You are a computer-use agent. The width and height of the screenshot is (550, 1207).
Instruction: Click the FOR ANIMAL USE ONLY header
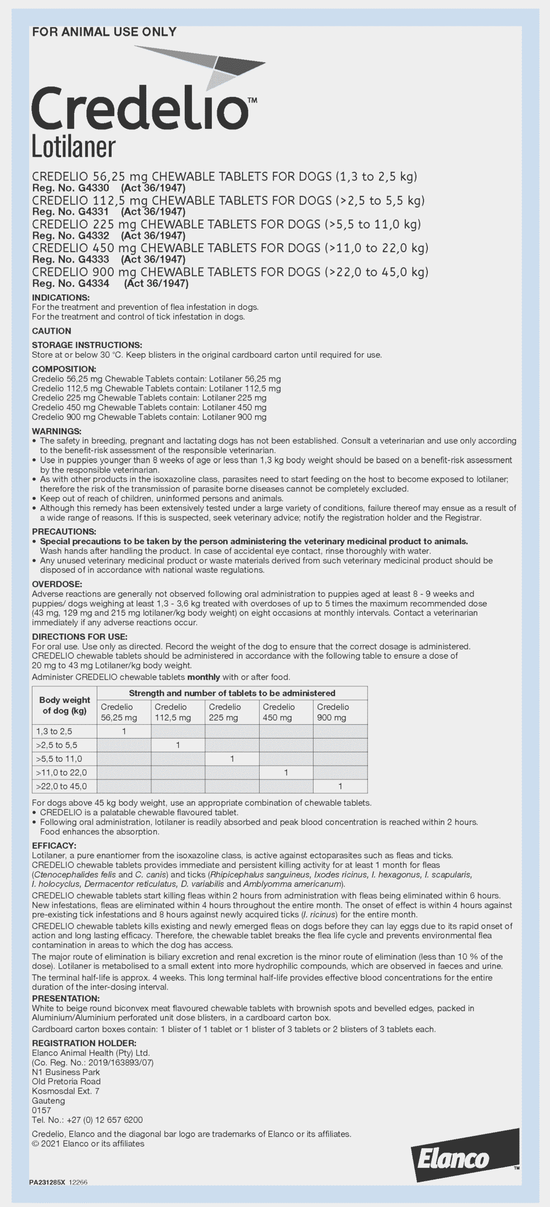pos(105,32)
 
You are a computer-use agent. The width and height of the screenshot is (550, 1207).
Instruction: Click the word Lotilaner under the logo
pos(74,148)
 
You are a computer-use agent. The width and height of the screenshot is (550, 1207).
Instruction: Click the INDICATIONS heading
pos(61,298)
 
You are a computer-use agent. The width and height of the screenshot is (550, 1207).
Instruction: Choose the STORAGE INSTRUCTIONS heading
pos(87,345)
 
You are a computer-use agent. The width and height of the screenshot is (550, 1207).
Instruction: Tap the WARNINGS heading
pos(57,431)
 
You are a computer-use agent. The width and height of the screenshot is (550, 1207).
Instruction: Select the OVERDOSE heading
pos(57,584)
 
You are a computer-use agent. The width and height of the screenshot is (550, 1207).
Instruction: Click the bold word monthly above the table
pos(205,677)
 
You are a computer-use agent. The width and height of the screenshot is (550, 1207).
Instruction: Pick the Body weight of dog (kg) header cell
pos(64,705)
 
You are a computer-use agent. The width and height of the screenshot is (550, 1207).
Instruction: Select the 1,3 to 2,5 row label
pos(54,731)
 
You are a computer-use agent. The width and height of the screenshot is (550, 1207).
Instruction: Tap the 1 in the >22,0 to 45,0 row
pos(340,786)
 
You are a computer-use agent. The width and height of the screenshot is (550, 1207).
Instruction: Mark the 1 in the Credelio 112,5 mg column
pos(178,745)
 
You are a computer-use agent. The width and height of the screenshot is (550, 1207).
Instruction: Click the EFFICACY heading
pos(54,845)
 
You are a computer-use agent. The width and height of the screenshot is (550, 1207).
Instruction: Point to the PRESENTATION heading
pos(65,998)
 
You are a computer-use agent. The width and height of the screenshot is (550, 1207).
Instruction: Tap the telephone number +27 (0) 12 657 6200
pos(104,1119)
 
